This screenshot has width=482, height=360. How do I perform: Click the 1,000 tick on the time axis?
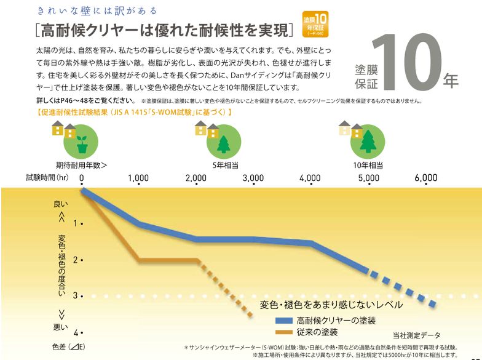pos(138,178)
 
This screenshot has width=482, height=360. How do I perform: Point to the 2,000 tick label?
pos(196,178)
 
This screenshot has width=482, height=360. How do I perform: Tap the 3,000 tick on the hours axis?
pos(253,178)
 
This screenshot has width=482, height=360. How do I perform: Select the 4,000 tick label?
pos(310,178)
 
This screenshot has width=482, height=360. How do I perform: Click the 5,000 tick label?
pos(368,178)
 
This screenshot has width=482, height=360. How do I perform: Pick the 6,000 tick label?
pos(425,178)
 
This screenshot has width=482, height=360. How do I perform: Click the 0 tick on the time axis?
pos(81,178)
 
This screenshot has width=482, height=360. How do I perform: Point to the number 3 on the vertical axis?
pos(76,296)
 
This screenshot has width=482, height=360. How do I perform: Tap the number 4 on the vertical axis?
pos(76,332)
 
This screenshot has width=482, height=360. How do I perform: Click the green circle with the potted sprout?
pos(82,141)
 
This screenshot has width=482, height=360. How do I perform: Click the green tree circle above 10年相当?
pos(368,141)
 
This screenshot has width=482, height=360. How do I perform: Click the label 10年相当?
pos(368,165)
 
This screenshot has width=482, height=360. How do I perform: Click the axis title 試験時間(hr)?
pos(47,178)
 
